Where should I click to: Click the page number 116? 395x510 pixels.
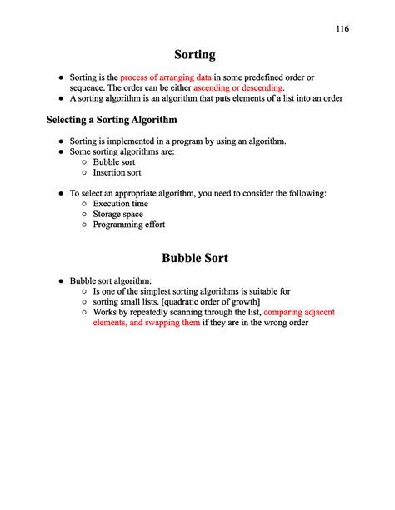tap(342, 29)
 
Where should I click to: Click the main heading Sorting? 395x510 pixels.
tap(195, 55)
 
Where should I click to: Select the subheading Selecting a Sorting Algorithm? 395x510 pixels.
tap(112, 121)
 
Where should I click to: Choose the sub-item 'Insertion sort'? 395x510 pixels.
tap(117, 173)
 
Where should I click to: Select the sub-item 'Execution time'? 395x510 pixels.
tap(120, 204)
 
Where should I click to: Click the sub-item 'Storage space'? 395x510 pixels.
tap(118, 214)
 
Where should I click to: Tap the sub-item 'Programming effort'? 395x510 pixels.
tap(128, 225)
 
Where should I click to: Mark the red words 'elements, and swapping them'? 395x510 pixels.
tap(146, 323)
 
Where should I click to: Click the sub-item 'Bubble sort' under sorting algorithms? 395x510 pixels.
tap(114, 162)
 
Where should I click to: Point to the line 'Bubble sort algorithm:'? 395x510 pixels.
tap(111, 280)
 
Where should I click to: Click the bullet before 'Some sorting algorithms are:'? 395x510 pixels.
tap(61, 152)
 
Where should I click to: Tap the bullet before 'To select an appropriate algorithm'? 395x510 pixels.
tap(61, 193)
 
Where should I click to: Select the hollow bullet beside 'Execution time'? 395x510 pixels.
tap(84, 204)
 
